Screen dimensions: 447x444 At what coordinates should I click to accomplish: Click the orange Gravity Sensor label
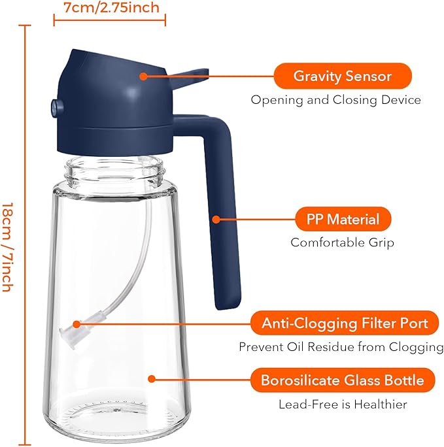click(342, 76)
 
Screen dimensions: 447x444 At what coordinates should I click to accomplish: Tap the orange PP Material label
click(343, 218)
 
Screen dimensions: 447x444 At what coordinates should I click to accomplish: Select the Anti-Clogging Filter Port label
click(345, 323)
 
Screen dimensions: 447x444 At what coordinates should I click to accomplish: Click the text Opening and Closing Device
click(336, 100)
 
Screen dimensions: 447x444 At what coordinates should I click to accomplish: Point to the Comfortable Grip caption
click(342, 242)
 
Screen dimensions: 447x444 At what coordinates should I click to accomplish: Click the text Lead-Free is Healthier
click(343, 405)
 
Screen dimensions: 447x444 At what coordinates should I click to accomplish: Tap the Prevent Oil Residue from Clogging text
click(341, 346)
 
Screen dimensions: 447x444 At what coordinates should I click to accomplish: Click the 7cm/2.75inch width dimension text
click(111, 8)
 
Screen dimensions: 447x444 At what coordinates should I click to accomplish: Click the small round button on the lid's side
click(52, 105)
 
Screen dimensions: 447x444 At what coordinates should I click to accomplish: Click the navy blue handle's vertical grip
click(224, 216)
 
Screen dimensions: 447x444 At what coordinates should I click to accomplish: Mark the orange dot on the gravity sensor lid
click(143, 76)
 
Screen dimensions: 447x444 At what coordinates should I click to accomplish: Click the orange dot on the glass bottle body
click(152, 378)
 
